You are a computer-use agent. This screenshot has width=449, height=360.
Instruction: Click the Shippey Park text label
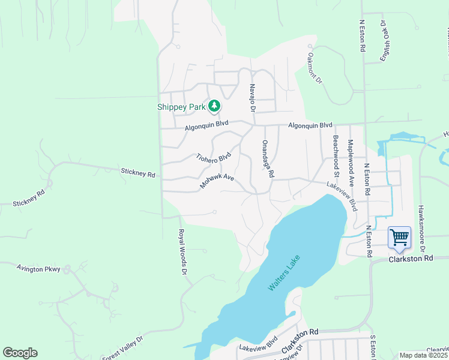point(181,107)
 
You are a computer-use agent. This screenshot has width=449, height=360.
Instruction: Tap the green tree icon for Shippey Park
point(214,107)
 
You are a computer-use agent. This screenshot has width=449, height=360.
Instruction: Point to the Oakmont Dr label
point(315,67)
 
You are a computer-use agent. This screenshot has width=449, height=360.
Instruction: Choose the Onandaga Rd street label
point(267,159)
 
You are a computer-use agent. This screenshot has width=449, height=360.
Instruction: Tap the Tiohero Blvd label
point(213,157)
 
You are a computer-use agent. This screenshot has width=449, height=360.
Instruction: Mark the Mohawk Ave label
point(217,182)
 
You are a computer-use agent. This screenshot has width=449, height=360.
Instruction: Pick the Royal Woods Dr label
point(181,252)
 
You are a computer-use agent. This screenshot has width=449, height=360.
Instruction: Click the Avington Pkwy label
point(38,269)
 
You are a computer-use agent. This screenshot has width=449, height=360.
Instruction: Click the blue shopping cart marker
point(399,237)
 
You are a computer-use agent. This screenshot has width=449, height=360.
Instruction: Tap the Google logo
point(20,353)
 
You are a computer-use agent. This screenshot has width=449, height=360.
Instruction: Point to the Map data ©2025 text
point(423,355)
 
